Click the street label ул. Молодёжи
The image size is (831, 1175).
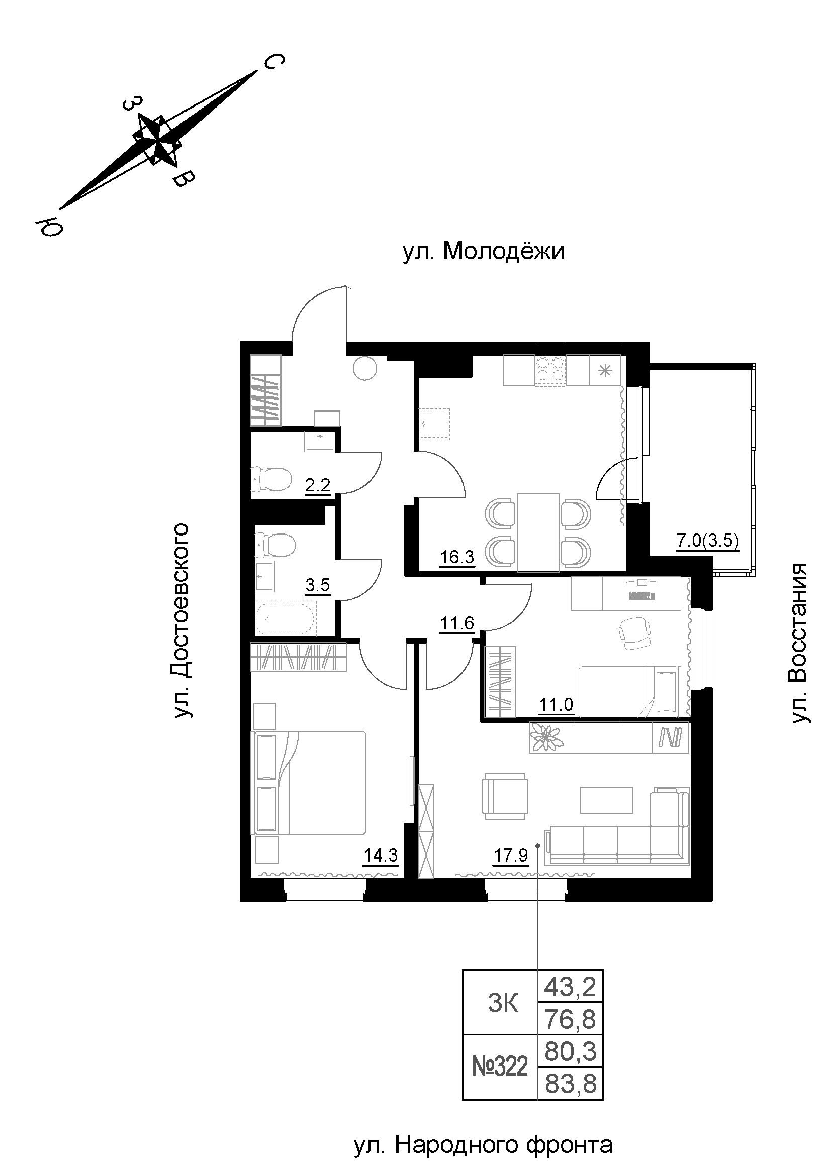pos(483,252)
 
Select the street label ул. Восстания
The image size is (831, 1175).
pos(799,644)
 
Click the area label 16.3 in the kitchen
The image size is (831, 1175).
pos(457,557)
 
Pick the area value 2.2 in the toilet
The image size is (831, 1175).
pos(317,485)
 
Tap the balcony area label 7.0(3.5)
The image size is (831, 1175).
pos(708,541)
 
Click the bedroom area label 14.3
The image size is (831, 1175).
pos(381,855)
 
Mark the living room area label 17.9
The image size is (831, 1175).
pos(510,855)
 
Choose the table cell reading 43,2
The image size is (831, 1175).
pos(570,986)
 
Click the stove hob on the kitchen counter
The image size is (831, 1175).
pos(551,370)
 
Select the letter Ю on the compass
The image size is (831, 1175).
pos(49,226)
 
